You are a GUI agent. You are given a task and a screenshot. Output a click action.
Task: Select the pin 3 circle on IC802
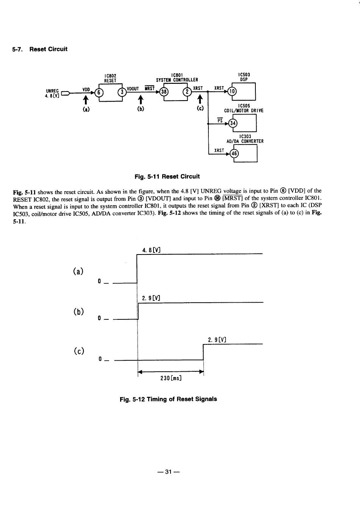click(122, 92)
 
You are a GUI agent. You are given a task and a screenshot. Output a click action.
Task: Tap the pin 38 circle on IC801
click(164, 92)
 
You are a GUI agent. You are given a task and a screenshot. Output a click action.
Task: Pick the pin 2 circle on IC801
click(187, 92)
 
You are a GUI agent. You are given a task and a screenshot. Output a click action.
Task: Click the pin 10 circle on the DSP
click(232, 91)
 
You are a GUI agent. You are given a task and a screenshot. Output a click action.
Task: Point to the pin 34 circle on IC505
click(233, 123)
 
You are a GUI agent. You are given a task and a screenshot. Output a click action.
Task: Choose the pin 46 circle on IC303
click(234, 154)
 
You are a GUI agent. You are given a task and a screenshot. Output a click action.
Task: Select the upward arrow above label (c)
click(200, 99)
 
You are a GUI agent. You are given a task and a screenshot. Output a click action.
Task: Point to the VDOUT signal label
click(133, 89)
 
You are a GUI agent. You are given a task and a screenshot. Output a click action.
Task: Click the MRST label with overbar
click(150, 88)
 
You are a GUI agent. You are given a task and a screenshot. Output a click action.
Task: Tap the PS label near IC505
click(220, 121)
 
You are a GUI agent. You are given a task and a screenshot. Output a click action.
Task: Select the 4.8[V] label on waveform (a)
click(151, 250)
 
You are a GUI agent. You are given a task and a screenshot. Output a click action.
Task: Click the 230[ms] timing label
click(171, 379)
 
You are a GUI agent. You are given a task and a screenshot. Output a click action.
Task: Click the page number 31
click(168, 472)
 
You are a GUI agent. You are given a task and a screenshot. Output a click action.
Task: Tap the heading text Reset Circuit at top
click(49, 49)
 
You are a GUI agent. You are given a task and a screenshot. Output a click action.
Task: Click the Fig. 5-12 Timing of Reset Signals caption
click(168, 399)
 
